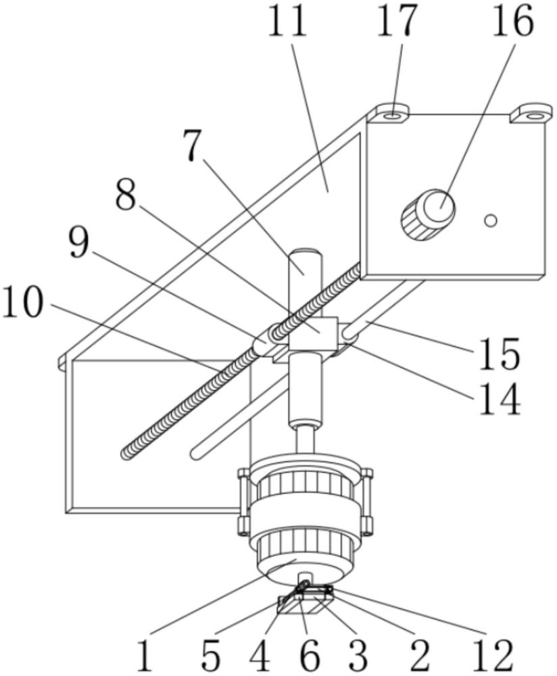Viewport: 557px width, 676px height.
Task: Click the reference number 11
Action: click(287, 20)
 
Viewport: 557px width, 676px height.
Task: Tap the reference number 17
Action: click(397, 20)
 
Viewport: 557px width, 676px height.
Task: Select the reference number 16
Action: click(512, 20)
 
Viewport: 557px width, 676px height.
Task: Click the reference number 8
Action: click(126, 194)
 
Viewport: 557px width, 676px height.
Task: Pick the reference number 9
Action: click(79, 243)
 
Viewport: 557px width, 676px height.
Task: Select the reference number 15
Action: click(500, 354)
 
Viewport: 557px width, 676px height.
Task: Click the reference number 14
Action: click(500, 399)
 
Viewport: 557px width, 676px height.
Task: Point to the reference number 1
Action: click(146, 655)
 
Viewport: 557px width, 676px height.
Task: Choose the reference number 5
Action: click(211, 655)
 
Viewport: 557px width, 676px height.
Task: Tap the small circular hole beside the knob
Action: click(491, 221)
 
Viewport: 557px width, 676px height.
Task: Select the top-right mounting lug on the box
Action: click(531, 113)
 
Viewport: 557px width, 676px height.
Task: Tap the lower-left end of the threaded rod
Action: click(126, 454)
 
